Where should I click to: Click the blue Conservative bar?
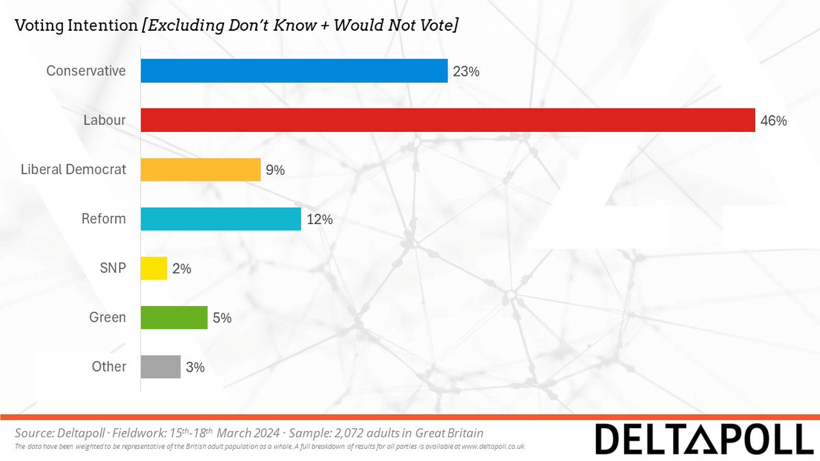[x=294, y=71]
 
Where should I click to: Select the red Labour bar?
[x=448, y=120]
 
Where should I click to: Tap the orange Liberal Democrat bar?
[x=200, y=169]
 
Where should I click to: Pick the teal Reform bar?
[x=221, y=219]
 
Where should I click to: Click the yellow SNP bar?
[x=154, y=268]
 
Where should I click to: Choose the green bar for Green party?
[x=174, y=318]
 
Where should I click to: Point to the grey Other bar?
[x=161, y=367]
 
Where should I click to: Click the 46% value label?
[x=774, y=121]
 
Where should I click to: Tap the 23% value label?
[x=466, y=72]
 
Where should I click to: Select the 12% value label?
[x=319, y=219]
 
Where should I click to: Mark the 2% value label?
[x=182, y=269]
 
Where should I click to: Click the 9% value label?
[x=275, y=170]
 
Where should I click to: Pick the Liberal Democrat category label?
[x=74, y=169]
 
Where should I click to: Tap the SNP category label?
[x=113, y=268]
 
